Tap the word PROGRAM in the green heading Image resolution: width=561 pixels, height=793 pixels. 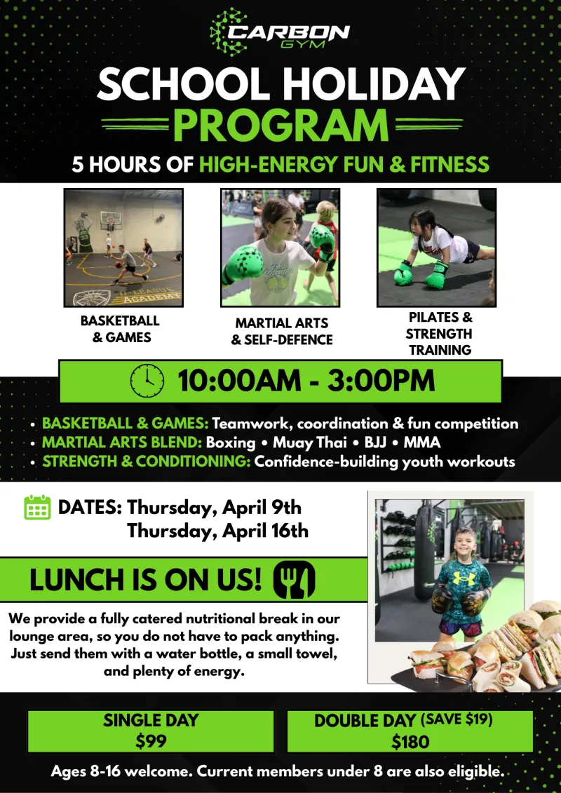281,125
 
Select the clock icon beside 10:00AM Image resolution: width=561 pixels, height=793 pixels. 147,381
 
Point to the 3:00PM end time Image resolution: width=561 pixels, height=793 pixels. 381,381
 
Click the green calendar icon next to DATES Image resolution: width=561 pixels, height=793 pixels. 37,507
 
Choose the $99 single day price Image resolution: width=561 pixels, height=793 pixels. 151,741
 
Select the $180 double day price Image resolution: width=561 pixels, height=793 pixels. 410,741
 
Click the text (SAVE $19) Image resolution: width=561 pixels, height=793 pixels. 457,719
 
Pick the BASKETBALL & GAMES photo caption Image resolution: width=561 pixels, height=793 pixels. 120,329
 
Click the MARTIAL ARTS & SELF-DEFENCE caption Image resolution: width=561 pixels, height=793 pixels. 282,331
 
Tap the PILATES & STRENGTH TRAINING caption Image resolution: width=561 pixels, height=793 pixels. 438,333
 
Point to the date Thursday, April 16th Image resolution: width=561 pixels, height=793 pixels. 217,531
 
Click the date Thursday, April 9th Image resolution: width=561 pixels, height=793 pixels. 214,507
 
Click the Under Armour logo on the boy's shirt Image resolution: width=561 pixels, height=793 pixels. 464,578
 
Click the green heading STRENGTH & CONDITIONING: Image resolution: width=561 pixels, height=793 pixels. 147,462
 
